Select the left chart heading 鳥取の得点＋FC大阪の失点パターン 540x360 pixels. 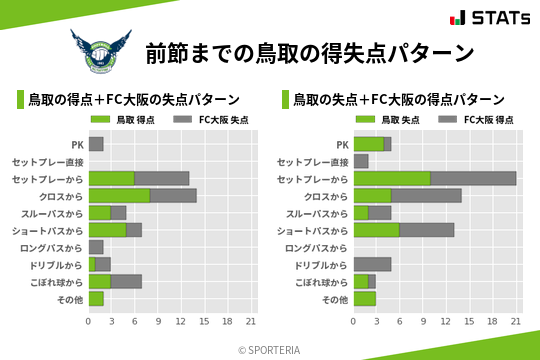[x=133, y=100]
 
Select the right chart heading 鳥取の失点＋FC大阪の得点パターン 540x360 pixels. [x=398, y=100]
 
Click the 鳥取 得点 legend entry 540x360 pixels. [x=124, y=120]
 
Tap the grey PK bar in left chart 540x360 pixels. [x=96, y=144]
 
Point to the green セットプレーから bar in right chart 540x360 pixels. [x=392, y=178]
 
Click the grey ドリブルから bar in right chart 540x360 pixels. [x=372, y=264]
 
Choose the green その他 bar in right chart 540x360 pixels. [x=365, y=298]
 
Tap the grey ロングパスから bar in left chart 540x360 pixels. [x=96, y=247]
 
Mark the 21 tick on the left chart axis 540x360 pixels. [x=251, y=322]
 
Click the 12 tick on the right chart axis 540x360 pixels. [x=447, y=322]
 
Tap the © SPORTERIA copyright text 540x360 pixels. [x=270, y=349]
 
